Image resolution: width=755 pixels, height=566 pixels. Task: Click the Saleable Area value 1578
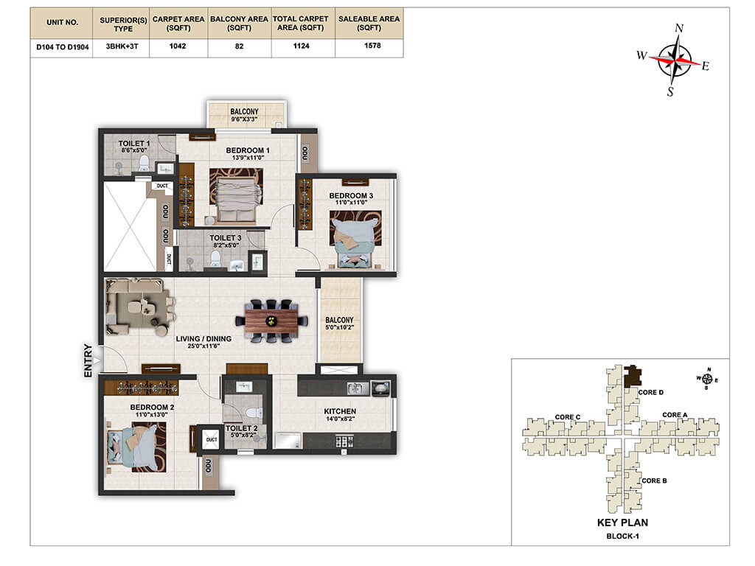click(372, 46)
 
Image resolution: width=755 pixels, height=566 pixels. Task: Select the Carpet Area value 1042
click(178, 46)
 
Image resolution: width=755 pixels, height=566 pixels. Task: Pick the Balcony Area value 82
click(240, 46)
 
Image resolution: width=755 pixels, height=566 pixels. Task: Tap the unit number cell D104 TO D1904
click(63, 47)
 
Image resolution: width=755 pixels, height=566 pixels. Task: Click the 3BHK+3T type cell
click(122, 46)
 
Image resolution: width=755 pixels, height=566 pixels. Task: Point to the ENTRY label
click(88, 360)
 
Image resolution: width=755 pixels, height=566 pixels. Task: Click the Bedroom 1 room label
click(248, 150)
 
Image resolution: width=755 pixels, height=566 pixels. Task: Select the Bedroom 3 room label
click(351, 196)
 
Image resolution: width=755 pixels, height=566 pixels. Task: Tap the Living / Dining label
click(203, 339)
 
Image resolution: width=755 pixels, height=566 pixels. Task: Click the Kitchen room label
click(340, 411)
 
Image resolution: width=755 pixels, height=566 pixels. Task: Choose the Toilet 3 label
click(226, 238)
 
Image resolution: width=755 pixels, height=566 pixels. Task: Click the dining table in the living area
click(271, 321)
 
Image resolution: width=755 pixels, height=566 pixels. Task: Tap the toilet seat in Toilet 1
click(144, 164)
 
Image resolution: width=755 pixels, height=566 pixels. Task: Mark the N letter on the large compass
click(679, 29)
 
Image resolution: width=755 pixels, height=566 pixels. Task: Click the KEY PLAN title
click(622, 523)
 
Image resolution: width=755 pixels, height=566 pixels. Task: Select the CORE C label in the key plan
click(568, 417)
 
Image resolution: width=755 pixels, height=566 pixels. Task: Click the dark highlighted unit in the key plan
click(633, 377)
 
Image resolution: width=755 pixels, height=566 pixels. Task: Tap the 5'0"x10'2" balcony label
click(339, 327)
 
